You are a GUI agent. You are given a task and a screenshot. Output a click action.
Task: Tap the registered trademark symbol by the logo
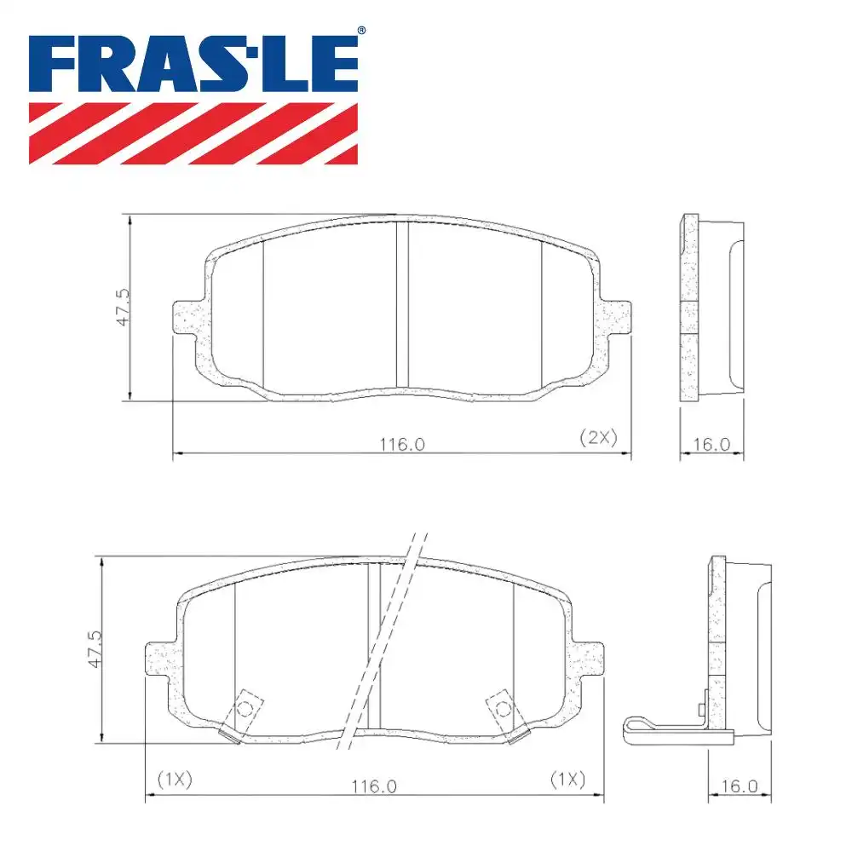pyautogui.click(x=361, y=32)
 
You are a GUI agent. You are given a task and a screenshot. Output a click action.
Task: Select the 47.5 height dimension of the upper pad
pyautogui.click(x=123, y=307)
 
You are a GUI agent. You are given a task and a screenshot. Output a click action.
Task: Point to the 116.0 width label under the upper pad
pyautogui.click(x=402, y=443)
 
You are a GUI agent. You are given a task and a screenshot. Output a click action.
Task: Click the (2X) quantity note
pyautogui.click(x=597, y=438)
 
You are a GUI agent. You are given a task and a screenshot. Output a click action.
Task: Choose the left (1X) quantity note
pyautogui.click(x=176, y=778)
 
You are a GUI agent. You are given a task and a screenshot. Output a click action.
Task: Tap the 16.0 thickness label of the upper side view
pyautogui.click(x=711, y=444)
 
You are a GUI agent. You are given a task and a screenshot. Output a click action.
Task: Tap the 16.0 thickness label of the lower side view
pyautogui.click(x=739, y=786)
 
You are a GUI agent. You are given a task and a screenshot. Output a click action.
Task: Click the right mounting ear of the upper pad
pyautogui.click(x=618, y=318)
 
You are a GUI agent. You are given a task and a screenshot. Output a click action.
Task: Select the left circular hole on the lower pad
pyautogui.click(x=245, y=708)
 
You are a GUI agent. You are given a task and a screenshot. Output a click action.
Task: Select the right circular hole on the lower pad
pyautogui.click(x=503, y=708)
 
